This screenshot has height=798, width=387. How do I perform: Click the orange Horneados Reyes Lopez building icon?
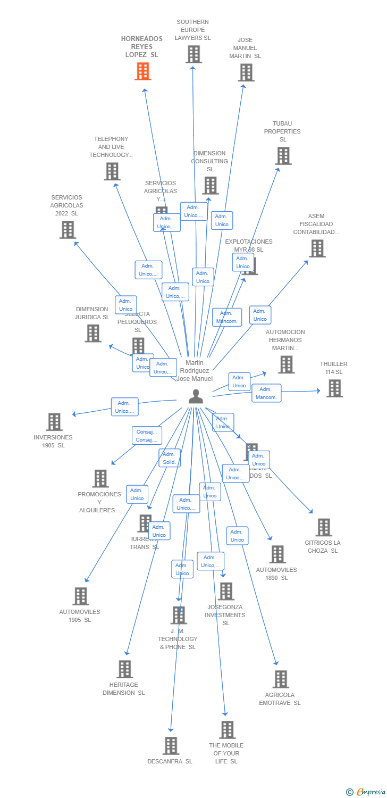142,71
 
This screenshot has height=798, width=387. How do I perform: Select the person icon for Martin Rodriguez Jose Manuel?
196,396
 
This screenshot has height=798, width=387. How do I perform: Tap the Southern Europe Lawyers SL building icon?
193,54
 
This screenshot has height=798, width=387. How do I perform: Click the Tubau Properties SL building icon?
283,156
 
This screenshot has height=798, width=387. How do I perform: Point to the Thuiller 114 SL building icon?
334,388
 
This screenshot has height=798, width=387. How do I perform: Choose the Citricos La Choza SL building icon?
323,527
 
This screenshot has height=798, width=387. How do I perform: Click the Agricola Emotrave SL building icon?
281,679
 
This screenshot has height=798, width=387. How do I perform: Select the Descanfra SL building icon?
171,746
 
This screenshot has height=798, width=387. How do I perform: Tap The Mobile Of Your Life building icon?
227,730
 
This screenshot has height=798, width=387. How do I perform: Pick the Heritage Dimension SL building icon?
124,669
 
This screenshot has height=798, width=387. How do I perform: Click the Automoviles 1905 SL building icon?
80,596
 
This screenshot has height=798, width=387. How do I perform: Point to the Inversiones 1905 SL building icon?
54,422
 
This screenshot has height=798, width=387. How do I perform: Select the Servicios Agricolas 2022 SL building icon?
68,230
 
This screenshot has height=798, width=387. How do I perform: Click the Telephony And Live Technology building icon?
112,171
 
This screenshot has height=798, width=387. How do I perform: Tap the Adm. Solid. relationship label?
170,458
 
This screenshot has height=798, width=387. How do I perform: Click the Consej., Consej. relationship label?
146,436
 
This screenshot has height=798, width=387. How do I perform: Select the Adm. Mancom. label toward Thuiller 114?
266,393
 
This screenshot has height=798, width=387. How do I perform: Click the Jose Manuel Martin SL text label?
245,48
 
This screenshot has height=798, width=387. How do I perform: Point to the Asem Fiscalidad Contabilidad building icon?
317,248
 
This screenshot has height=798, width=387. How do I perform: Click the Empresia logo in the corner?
367,792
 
